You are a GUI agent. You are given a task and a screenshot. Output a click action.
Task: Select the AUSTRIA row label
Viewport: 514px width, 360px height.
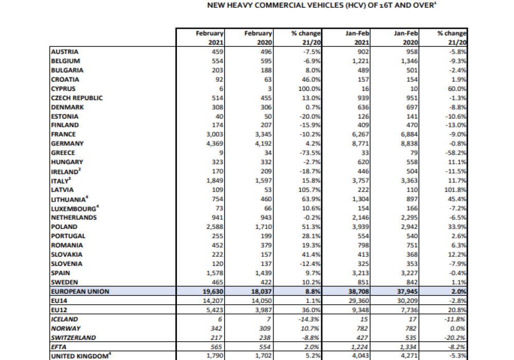click(x=64, y=52)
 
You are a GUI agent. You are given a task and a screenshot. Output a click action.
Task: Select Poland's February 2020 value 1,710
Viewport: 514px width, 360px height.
click(x=262, y=227)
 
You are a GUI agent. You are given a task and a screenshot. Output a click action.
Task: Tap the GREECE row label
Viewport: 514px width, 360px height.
click(x=63, y=153)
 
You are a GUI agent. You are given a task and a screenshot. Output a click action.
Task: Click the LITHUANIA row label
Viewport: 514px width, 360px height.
click(x=68, y=199)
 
